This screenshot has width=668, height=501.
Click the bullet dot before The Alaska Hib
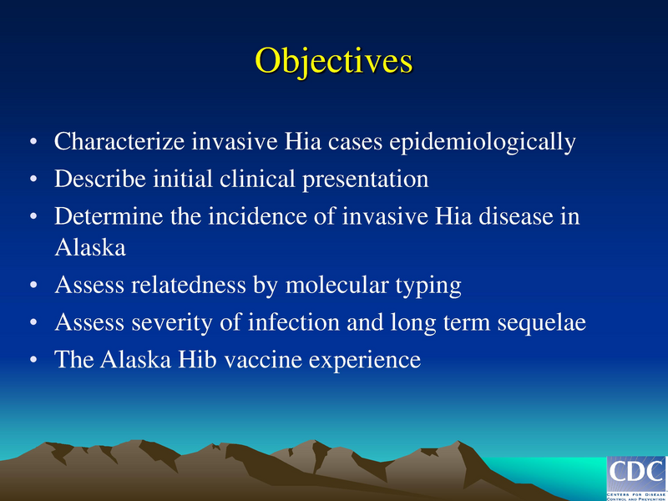point(33,361)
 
